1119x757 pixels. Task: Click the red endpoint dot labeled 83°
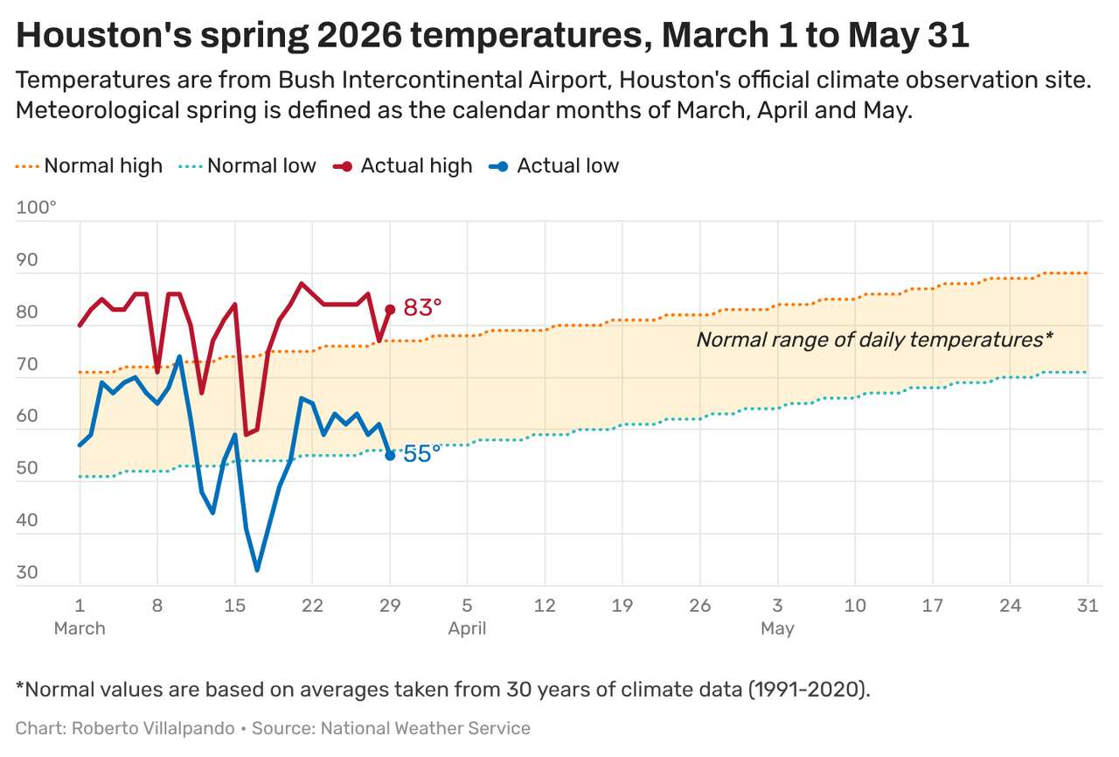pos(390,310)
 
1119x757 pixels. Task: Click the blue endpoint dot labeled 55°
pos(390,455)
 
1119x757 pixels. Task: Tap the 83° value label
pos(422,308)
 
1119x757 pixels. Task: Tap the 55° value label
pos(422,454)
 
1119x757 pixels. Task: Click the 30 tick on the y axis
pos(27,573)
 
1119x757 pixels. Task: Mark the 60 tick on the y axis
pos(27,416)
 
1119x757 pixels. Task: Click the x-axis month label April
pos(467,628)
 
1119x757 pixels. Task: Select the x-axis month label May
pos(777,628)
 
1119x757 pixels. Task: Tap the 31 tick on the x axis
pos(1088,606)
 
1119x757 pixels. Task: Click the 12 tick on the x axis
pos(545,606)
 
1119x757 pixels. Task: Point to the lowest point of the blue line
pos(257,570)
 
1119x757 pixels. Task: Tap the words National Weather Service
pos(425,728)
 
